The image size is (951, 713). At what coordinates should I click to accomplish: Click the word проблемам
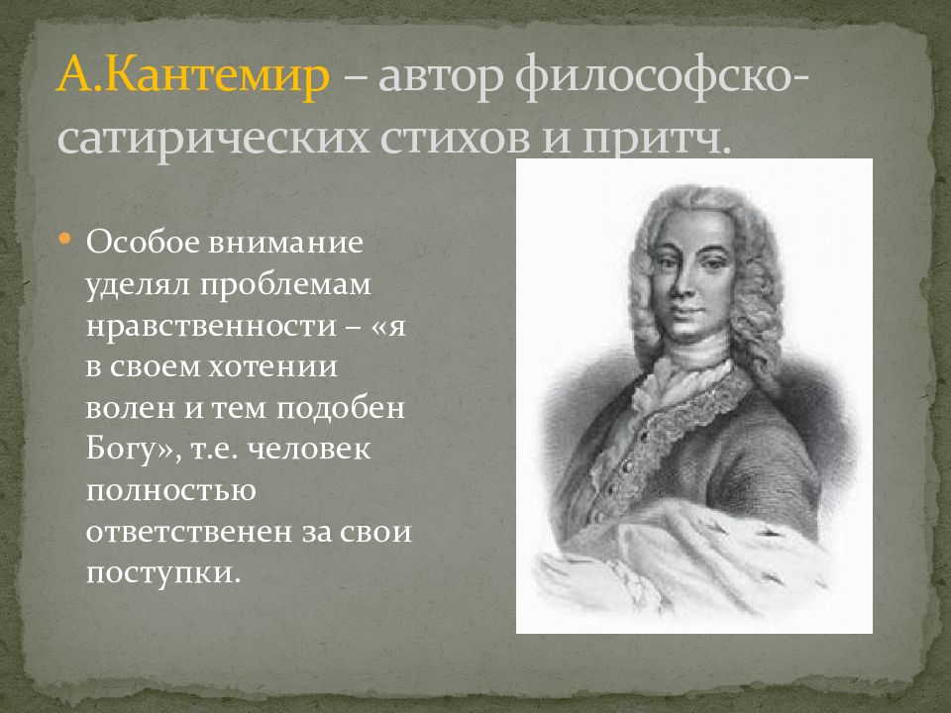(286, 284)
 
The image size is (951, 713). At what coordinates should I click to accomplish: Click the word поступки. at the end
(163, 574)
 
